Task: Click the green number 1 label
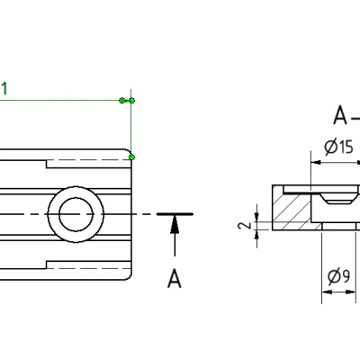4,88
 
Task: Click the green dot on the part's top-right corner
131,157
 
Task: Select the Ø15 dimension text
338,147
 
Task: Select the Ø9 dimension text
338,277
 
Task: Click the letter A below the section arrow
175,277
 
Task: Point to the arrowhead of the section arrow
175,220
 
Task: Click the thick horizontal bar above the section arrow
175,214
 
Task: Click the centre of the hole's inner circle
75,214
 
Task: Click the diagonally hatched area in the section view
289,214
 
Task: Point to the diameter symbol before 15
329,147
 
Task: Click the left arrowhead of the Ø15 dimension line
314,163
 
